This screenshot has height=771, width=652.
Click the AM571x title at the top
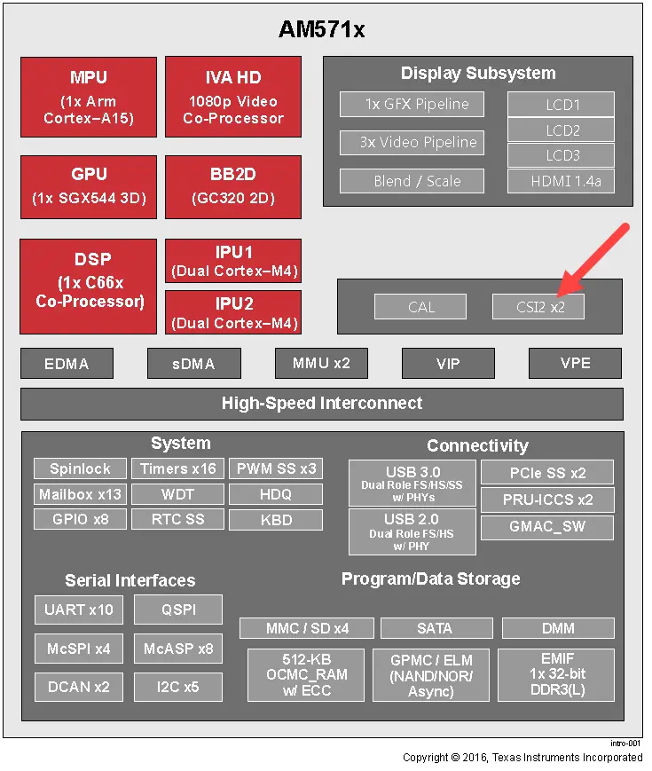click(322, 29)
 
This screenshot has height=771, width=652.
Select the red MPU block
click(89, 98)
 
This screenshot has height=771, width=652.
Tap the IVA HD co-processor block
click(233, 98)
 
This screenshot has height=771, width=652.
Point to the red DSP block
click(89, 279)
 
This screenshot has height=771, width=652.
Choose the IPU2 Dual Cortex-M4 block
click(233, 312)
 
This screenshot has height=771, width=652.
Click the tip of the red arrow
click(557, 293)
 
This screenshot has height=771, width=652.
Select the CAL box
click(421, 307)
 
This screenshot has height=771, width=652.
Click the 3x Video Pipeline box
click(412, 142)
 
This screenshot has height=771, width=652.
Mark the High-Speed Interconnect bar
click(322, 404)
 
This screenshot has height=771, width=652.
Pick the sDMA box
click(194, 363)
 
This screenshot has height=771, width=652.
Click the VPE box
click(575, 363)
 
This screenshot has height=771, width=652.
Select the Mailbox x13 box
click(80, 494)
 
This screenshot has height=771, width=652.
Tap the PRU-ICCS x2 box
click(547, 500)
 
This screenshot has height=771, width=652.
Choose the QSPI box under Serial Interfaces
click(177, 610)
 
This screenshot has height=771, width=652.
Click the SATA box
click(435, 628)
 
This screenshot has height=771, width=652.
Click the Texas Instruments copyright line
click(522, 757)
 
